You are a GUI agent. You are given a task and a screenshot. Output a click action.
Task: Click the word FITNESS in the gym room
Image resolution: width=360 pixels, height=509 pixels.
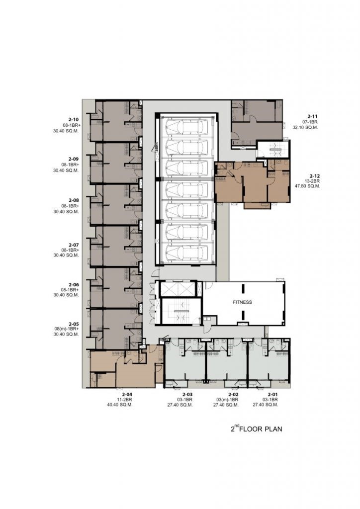click(242, 302)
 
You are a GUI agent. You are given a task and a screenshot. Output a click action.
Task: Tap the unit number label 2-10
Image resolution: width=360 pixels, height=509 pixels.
click(74, 120)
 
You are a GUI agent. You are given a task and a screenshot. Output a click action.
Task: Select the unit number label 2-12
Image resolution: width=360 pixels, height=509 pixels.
click(315, 176)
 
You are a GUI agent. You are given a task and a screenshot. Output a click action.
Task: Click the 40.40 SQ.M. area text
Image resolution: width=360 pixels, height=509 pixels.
click(120, 405)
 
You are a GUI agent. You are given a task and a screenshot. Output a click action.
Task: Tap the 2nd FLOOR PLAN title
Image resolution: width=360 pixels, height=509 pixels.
click(256, 429)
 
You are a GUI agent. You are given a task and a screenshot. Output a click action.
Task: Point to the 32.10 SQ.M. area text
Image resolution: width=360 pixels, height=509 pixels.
click(305, 128)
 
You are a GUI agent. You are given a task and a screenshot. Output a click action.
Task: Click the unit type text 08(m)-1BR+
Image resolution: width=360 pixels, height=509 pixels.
click(67, 329)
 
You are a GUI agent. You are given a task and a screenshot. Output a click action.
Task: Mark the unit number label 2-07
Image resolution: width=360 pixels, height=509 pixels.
click(74, 245)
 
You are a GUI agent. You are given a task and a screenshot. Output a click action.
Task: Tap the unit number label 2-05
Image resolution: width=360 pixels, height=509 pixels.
click(74, 324)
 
